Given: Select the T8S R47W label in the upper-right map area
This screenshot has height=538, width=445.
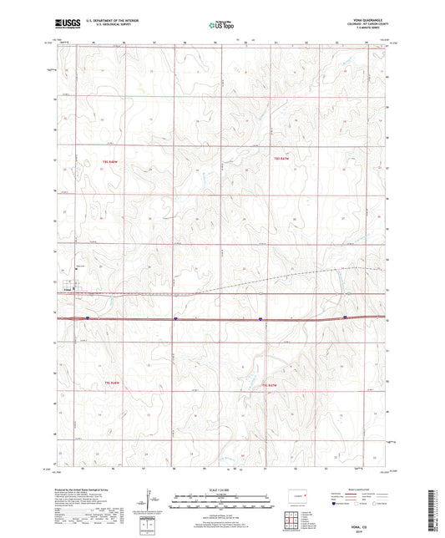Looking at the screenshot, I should (x=281, y=158).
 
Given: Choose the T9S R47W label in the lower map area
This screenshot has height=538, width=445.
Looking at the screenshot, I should (x=267, y=384).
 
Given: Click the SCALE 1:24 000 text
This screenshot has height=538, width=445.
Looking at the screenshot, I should (x=222, y=491).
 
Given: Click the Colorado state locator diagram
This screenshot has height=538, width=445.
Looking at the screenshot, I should (x=299, y=500).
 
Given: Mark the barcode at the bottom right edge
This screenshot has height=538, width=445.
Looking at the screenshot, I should (x=435, y=510).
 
